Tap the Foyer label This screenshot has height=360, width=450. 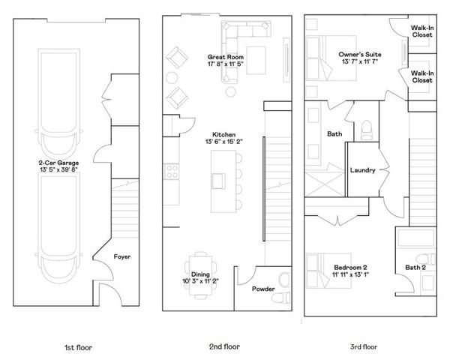pos(122,256)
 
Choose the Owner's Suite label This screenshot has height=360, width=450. pos(355,55)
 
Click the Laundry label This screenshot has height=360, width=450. pos(363,170)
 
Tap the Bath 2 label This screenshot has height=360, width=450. pos(416,267)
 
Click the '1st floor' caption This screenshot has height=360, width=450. pos(77,347)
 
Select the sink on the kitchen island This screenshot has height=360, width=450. pos(219,181)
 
